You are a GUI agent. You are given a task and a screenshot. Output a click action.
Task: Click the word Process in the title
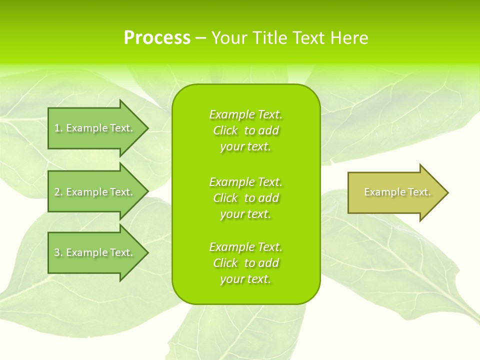click(157, 38)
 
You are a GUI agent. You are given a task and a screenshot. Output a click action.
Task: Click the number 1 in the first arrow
click(57, 128)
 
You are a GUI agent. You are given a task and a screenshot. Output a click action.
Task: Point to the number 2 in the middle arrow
click(57, 192)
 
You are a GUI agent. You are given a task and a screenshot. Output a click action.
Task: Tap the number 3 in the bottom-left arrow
click(57, 252)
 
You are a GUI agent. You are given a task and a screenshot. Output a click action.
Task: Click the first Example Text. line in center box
click(246, 114)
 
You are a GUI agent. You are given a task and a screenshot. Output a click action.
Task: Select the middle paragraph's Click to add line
click(246, 198)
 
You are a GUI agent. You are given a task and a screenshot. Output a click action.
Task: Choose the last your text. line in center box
click(245, 279)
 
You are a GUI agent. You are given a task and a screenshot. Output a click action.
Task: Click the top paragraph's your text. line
click(245, 146)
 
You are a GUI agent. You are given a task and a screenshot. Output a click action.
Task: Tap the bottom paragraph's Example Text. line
click(246, 247)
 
